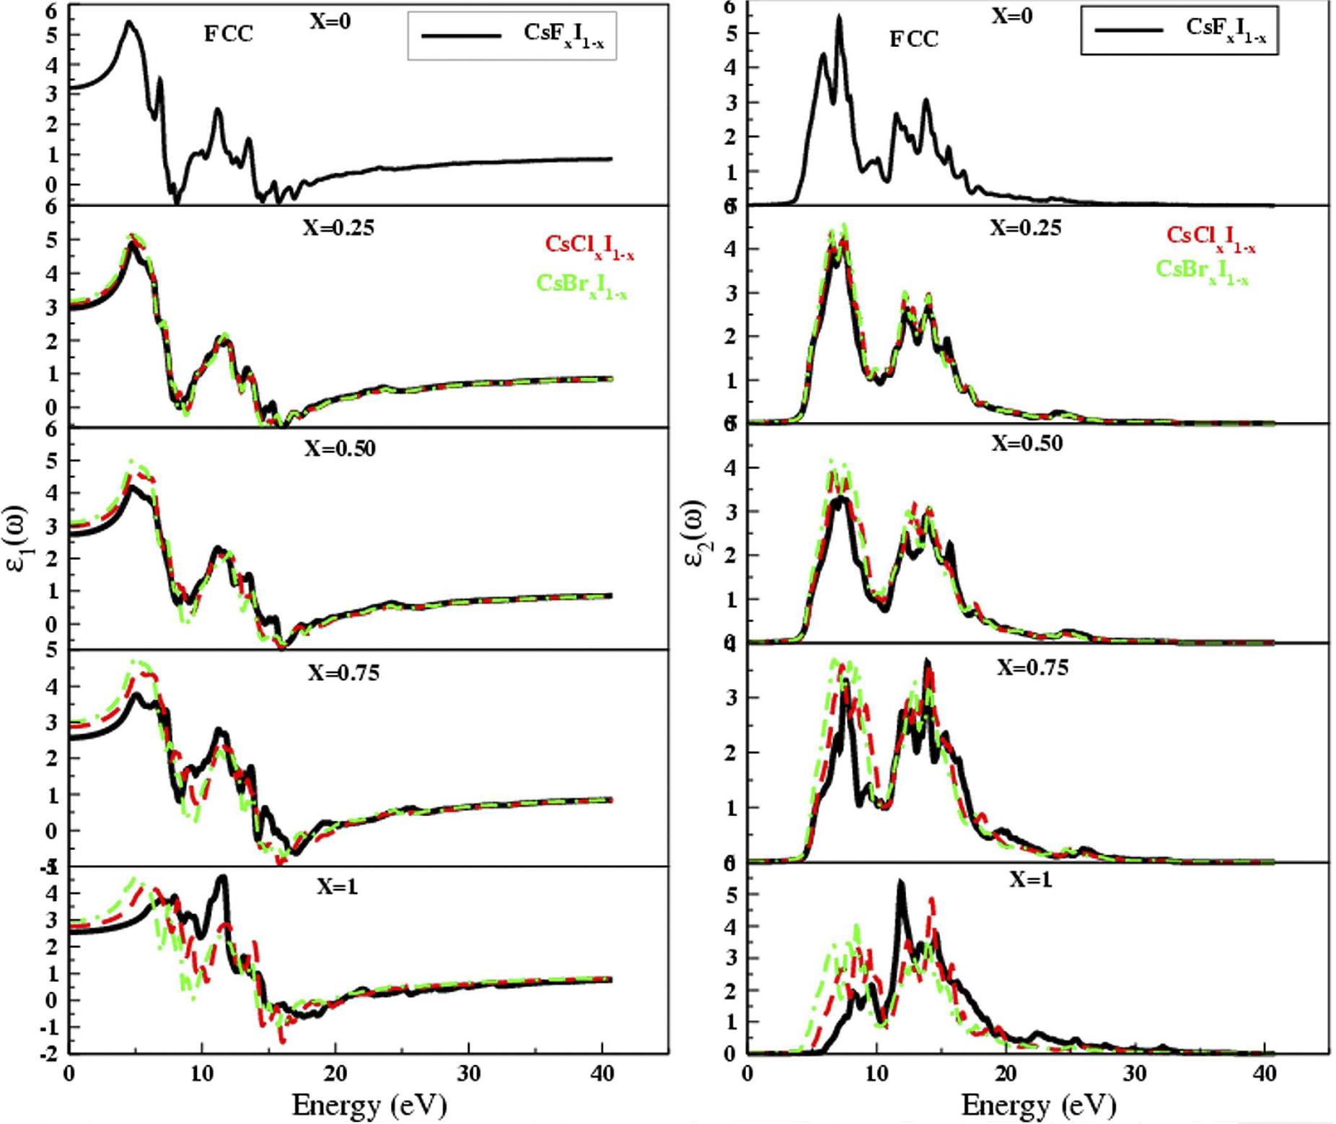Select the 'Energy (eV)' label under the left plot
369,1105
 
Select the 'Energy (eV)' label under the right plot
1039,1105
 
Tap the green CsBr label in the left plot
581,284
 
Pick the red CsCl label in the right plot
1211,238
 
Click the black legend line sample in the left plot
461,35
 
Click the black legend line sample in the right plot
1128,30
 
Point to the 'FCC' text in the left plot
228,34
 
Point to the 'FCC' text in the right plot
913,38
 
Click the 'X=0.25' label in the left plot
338,228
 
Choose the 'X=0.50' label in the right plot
1027,443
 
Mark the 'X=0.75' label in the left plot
344,672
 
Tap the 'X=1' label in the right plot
1030,879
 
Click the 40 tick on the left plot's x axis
602,1073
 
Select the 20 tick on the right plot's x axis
1006,1073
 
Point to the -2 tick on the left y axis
50,1053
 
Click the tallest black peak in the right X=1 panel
900,883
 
